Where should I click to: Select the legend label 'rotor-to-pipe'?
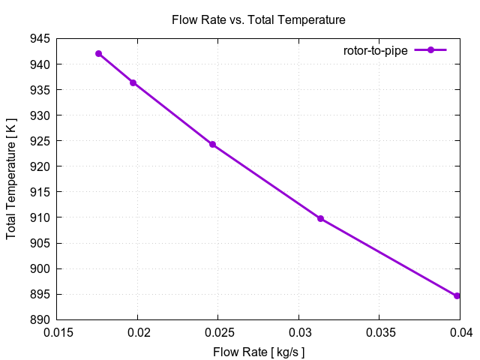click(x=375, y=50)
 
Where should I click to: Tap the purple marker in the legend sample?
click(x=430, y=50)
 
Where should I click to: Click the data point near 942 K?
click(x=98, y=53)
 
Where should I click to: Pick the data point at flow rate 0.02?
click(x=133, y=82)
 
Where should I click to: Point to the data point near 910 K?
click(x=320, y=218)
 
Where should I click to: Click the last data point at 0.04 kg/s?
click(x=457, y=295)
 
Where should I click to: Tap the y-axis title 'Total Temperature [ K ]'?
click(x=11, y=178)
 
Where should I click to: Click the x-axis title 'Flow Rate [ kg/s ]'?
click(x=259, y=352)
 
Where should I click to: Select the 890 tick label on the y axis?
click(x=40, y=319)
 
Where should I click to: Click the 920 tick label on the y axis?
click(x=40, y=166)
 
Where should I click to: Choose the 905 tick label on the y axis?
click(x=40, y=243)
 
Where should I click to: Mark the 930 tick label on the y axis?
click(x=40, y=115)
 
